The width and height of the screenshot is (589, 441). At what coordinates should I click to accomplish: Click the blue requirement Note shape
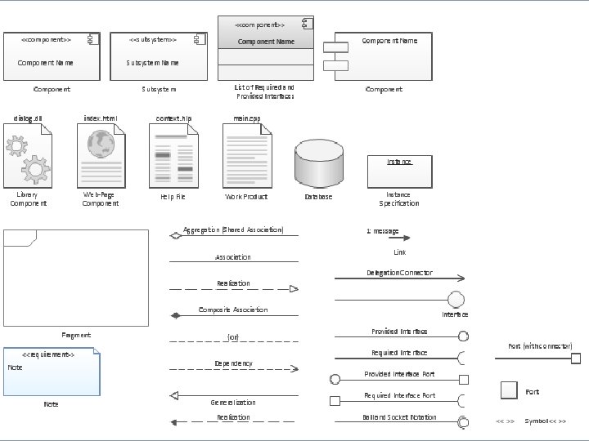point(52,371)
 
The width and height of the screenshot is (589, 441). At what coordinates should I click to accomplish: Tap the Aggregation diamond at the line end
point(174,236)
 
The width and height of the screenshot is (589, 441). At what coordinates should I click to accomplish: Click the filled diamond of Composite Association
point(174,315)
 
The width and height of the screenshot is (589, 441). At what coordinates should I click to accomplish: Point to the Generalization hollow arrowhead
point(174,395)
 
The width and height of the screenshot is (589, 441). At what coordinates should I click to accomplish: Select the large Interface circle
point(456,300)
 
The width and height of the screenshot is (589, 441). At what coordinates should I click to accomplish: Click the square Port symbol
point(509,391)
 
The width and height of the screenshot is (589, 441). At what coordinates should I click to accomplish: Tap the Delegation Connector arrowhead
point(461,278)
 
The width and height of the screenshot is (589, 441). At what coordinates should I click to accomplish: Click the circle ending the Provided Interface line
point(463,336)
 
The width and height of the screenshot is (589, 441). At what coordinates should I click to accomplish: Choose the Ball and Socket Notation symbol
point(463,421)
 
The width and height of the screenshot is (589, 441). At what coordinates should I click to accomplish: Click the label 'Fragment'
point(76,335)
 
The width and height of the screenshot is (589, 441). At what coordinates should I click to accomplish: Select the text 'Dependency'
point(233,363)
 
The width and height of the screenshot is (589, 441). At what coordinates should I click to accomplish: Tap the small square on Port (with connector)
point(576,358)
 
